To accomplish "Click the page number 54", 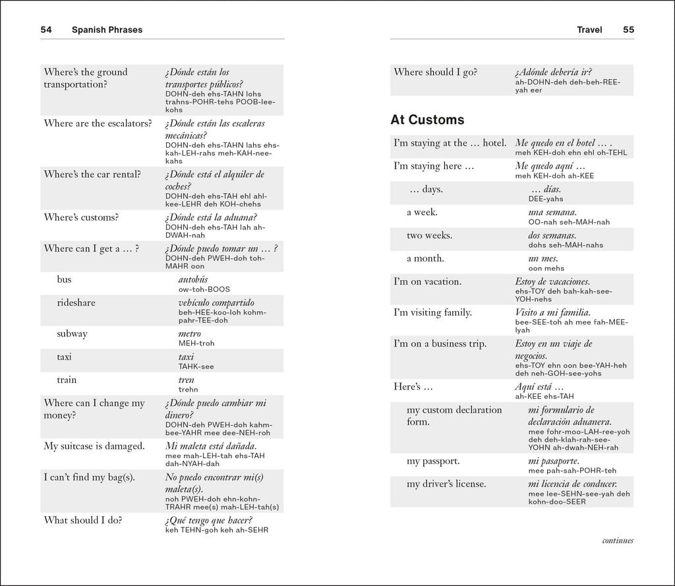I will pyautogui.click(x=46, y=30).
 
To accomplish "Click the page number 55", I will pyautogui.click(x=628, y=30).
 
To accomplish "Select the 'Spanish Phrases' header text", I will pyautogui.click(x=107, y=30).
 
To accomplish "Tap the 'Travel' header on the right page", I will pyautogui.click(x=589, y=30).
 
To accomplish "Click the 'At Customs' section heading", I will pyautogui.click(x=427, y=120).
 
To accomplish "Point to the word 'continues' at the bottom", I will pyautogui.click(x=617, y=541).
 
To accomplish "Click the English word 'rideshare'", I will pyautogui.click(x=76, y=303).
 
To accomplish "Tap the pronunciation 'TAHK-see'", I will pyautogui.click(x=196, y=366).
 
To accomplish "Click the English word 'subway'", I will pyautogui.click(x=72, y=334).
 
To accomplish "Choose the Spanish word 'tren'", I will pyautogui.click(x=186, y=380).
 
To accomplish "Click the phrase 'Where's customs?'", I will pyautogui.click(x=80, y=218).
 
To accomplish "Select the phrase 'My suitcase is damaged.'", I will pyautogui.click(x=94, y=446).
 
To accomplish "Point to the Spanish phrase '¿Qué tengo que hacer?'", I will pyautogui.click(x=209, y=520).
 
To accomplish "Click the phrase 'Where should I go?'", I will pyautogui.click(x=435, y=73).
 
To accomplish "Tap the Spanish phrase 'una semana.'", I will pyautogui.click(x=552, y=212).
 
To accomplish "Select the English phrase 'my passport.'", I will pyautogui.click(x=433, y=461).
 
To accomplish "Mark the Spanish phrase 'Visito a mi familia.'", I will pyautogui.click(x=552, y=312).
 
